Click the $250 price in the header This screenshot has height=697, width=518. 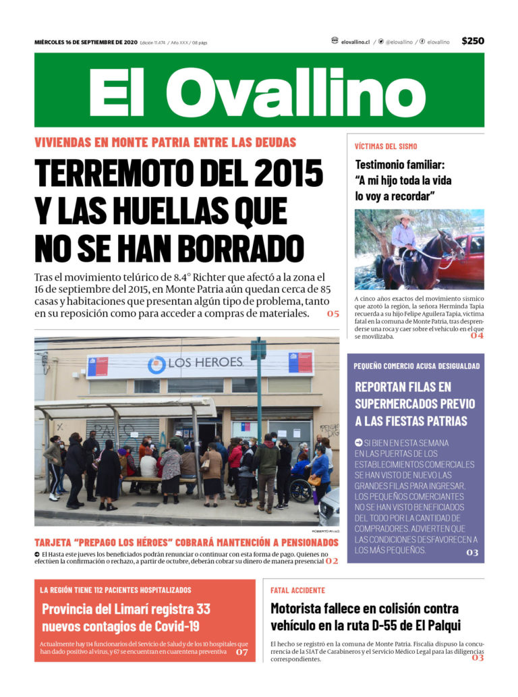click(472, 41)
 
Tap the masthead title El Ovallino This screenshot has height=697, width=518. click(258, 92)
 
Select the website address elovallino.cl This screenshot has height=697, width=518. click(355, 42)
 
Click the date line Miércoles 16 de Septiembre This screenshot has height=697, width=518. click(86, 42)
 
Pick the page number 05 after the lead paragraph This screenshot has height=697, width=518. click(333, 314)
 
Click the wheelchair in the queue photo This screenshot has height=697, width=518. click(301, 489)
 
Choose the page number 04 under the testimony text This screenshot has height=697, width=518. click(477, 335)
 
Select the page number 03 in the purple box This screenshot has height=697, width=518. click(471, 553)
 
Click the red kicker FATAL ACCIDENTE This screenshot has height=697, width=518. click(297, 590)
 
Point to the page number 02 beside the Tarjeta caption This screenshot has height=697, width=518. click(332, 561)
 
